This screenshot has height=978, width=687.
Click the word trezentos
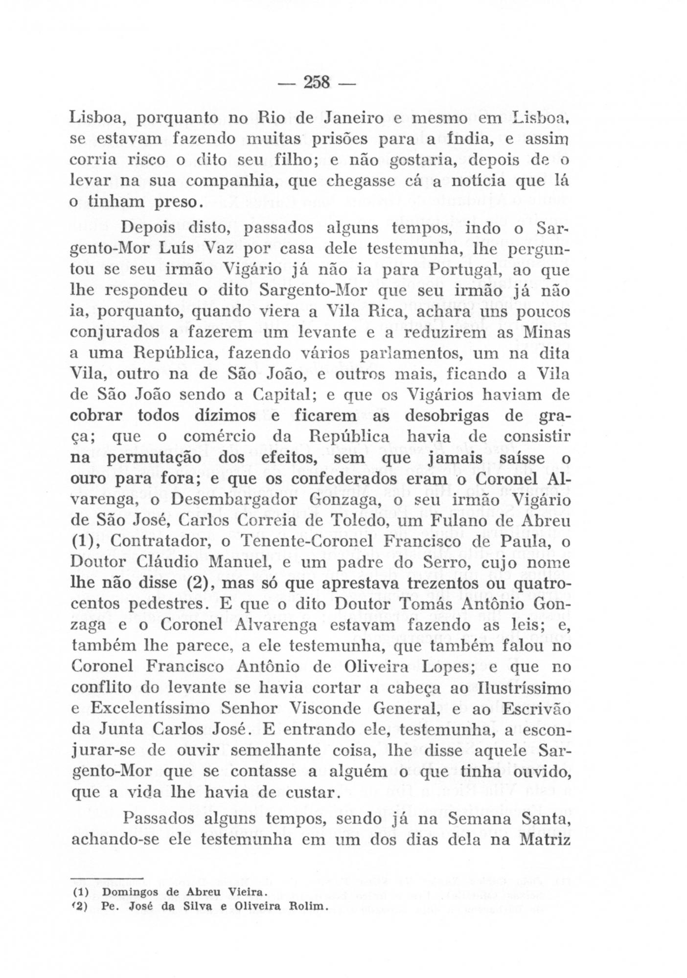pos(449,583)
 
